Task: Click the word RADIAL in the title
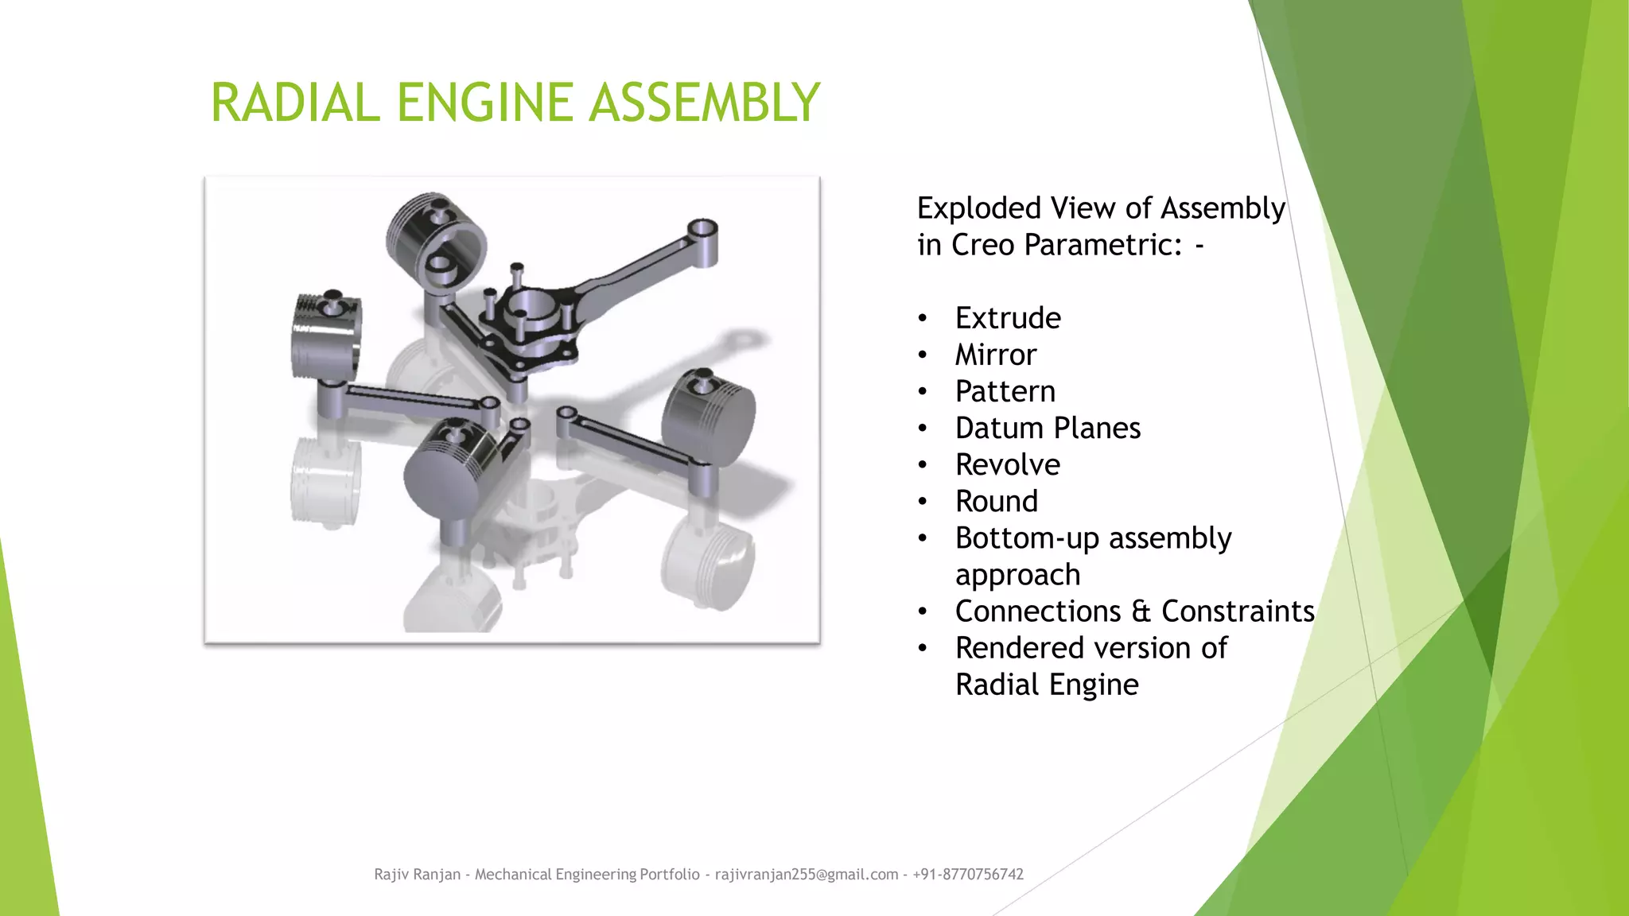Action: pos(295,103)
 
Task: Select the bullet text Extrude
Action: pos(1008,318)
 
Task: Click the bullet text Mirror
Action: pos(996,355)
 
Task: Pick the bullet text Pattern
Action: pos(1005,391)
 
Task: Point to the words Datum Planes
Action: pos(1048,428)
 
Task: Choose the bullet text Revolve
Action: pos(1008,464)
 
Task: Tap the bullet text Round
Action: pos(997,501)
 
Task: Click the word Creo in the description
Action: pos(983,245)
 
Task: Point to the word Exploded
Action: pos(979,208)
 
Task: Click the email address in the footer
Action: pos(807,875)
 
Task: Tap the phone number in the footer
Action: pos(968,875)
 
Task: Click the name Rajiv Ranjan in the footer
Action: pos(418,875)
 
